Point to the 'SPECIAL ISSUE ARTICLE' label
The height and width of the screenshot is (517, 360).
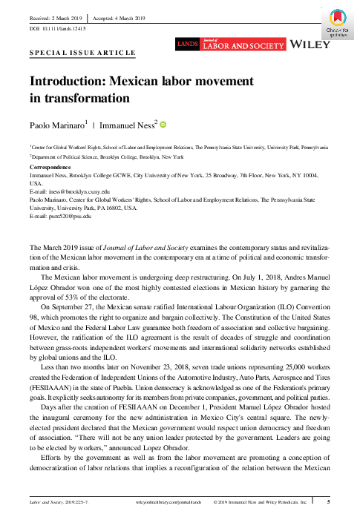coord(82,53)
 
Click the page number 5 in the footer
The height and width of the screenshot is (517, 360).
coord(330,503)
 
